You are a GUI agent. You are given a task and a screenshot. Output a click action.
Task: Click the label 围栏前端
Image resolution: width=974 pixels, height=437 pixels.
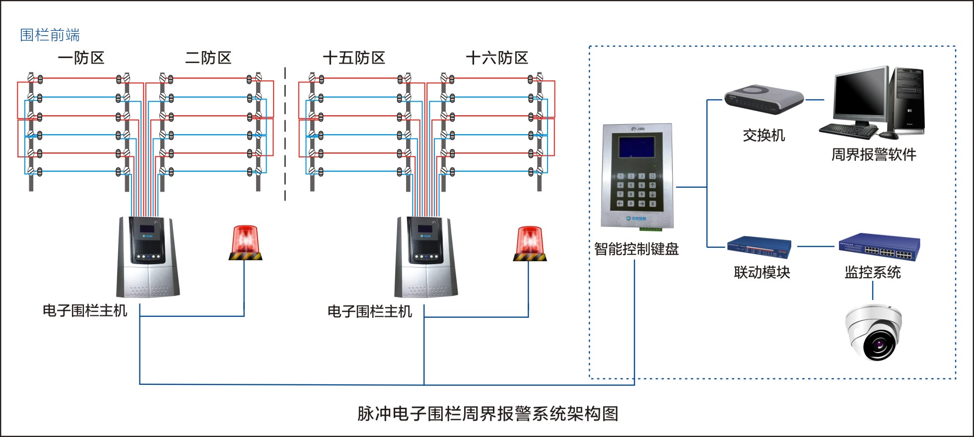coord(50,35)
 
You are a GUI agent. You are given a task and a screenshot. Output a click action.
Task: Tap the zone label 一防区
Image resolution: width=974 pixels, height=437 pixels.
coord(81,58)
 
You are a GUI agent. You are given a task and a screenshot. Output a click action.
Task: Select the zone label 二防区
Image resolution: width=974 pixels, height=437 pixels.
coord(208,58)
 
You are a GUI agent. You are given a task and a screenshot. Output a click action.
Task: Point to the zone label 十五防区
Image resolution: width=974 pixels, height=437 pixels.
coord(353,58)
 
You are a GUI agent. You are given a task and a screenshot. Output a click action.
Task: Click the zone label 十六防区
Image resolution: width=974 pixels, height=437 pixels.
coord(496,58)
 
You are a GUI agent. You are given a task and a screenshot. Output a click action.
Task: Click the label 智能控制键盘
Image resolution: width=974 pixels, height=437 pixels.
coord(636,249)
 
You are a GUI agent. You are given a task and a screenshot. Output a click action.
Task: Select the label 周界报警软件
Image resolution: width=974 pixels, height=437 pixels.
coord(874,155)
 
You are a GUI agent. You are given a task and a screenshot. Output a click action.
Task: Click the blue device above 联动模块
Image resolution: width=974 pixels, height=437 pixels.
coord(759,247)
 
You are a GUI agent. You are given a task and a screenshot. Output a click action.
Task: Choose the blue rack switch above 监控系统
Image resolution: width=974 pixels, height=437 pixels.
coord(879,247)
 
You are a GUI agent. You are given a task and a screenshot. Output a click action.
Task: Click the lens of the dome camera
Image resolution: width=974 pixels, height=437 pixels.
coord(879,344)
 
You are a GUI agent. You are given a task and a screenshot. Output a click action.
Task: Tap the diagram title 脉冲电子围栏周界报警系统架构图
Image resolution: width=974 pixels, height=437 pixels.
coord(487,414)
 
